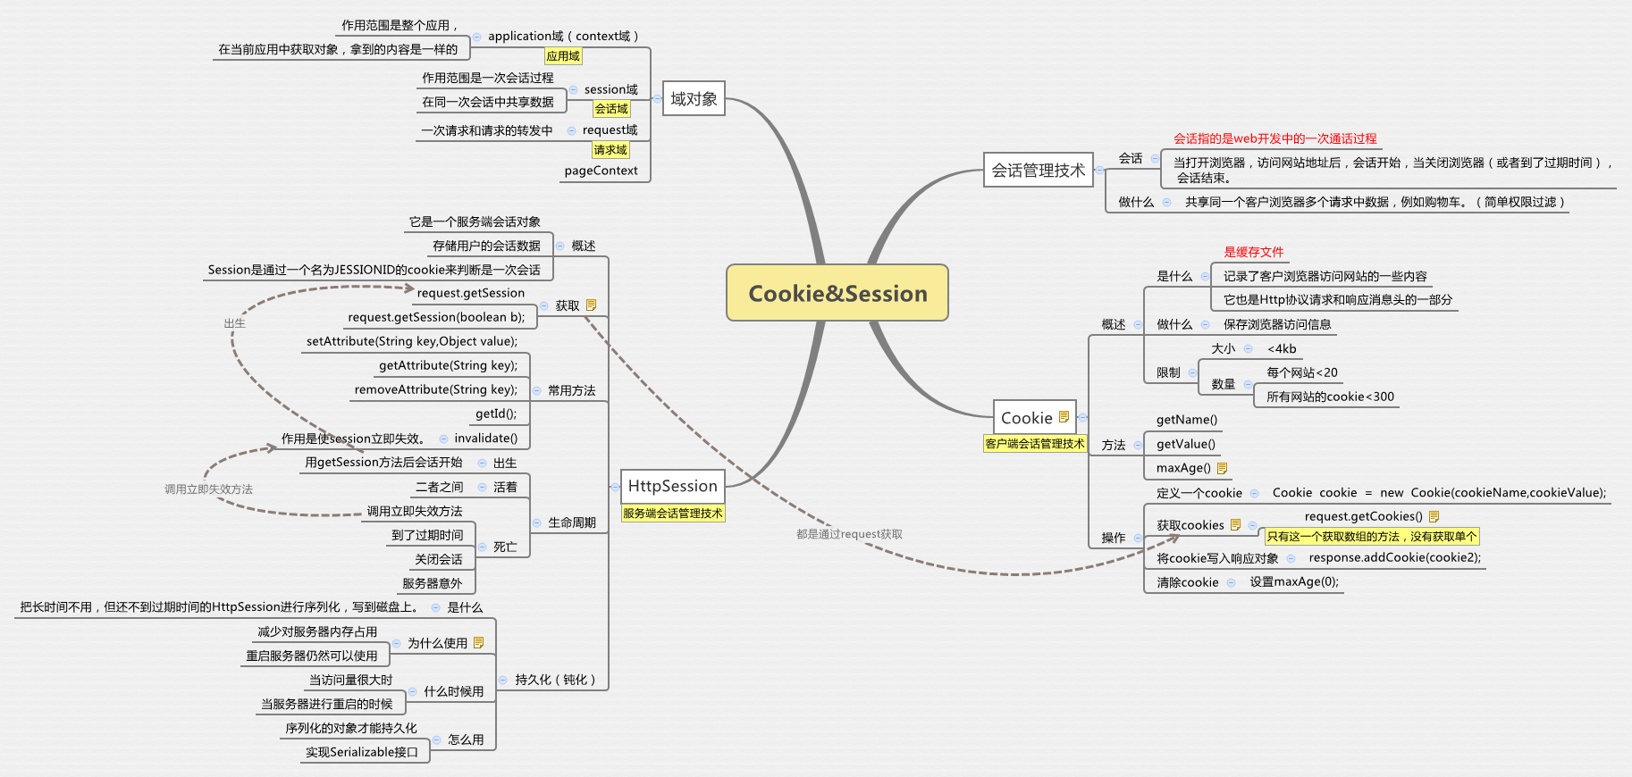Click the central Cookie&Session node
coord(837,293)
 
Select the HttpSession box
coord(672,486)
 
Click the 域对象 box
coord(694,99)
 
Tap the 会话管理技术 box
coord(1038,170)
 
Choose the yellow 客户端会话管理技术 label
coord(1034,444)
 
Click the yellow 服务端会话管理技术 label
coord(672,514)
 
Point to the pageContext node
coord(601,171)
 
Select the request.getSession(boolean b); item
coord(436,317)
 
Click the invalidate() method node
coord(485,439)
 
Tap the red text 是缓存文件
coord(1253,252)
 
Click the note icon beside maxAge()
coord(1222,468)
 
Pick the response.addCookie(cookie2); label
coord(1394,558)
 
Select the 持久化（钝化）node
coord(555,680)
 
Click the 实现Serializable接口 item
coord(361,752)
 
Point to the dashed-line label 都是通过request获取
coord(849,534)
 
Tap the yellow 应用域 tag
coord(563,56)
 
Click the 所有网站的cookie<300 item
coord(1329,397)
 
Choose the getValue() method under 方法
coord(1185,444)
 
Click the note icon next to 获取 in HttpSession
coord(591,305)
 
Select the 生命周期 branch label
coord(571,522)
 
